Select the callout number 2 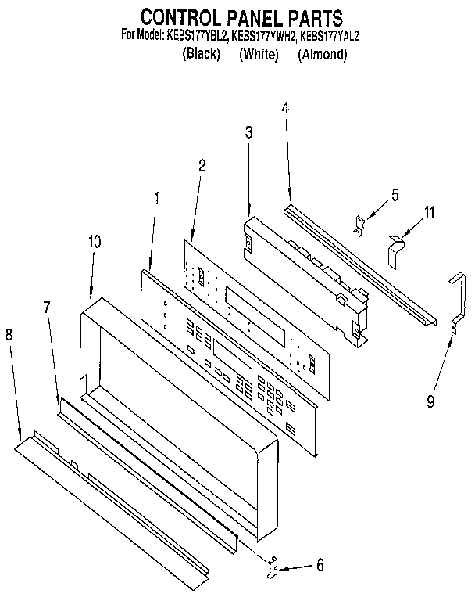pyautogui.click(x=202, y=165)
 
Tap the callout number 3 pyautogui.click(x=248, y=133)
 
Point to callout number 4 pyautogui.click(x=285, y=108)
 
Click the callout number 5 pyautogui.click(x=395, y=195)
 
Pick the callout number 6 pyautogui.click(x=320, y=565)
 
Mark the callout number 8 pyautogui.click(x=9, y=335)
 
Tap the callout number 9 pyautogui.click(x=429, y=402)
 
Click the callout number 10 pyautogui.click(x=94, y=242)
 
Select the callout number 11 pyautogui.click(x=429, y=212)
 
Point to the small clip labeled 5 pyautogui.click(x=359, y=225)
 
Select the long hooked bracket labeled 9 pyautogui.click(x=457, y=301)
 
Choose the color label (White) pyautogui.click(x=259, y=55)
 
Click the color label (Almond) pyautogui.click(x=322, y=55)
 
